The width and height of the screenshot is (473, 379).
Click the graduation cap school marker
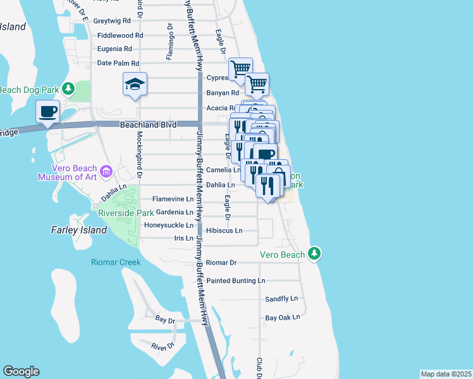[x=135, y=85]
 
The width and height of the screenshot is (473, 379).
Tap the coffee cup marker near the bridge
[x=48, y=112]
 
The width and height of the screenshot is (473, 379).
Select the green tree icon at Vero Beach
[x=315, y=254]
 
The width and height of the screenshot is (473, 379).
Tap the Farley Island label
[x=79, y=231]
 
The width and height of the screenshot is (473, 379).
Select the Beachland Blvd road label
[x=147, y=126]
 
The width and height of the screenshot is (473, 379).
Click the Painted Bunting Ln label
[x=236, y=280]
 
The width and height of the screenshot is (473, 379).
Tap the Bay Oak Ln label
[x=282, y=317]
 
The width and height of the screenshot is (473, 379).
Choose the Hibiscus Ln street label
[x=228, y=231]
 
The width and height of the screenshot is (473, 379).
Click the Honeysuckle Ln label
[x=169, y=225]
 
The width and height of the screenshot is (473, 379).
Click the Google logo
[x=21, y=371]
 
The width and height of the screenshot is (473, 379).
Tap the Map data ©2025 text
[x=446, y=374]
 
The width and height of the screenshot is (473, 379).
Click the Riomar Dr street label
[x=221, y=262]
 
